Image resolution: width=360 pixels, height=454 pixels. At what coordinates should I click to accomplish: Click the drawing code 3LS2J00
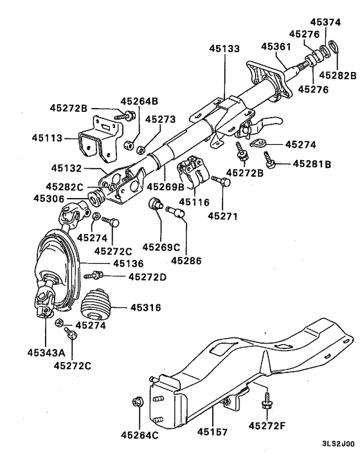(338, 444)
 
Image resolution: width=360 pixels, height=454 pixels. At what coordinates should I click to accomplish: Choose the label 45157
(212, 433)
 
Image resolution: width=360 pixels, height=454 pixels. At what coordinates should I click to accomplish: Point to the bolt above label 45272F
(264, 404)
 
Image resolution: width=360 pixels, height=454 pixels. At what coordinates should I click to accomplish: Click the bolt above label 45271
(222, 183)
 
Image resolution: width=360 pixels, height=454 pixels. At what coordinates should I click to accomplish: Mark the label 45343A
(46, 352)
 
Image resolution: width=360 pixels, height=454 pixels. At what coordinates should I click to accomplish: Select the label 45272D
(147, 277)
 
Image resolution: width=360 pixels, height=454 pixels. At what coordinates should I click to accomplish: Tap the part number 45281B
(312, 164)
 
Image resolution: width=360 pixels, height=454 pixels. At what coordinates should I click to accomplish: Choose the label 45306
(48, 199)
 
